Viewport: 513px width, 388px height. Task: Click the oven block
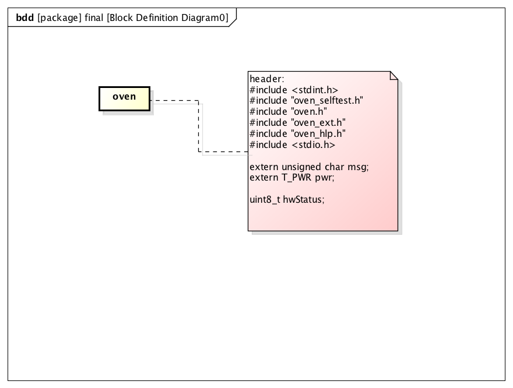124,98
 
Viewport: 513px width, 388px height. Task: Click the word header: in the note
266,79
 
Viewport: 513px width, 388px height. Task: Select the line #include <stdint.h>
293,90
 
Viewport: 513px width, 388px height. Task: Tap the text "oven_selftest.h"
327,101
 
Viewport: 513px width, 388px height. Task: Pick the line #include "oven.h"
288,112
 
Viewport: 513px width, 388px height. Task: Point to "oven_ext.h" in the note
318,123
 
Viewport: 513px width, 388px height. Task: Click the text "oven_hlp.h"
318,134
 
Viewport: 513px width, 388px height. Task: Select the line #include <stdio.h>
292,145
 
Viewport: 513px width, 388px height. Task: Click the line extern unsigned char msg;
309,167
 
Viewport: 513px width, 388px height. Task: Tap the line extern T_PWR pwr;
291,177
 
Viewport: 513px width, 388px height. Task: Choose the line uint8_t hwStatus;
286,199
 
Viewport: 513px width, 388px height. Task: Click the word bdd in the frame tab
25,17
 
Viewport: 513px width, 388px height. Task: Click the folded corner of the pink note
393,76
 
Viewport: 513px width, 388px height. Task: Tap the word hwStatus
303,199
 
